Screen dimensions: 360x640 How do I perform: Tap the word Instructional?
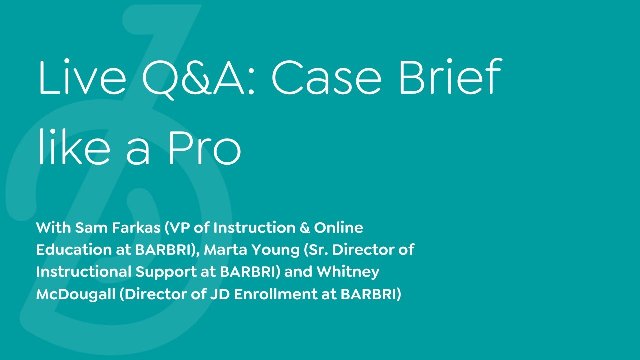point(84,272)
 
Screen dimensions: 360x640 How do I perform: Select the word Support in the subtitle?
point(165,272)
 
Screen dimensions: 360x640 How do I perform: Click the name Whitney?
point(348,272)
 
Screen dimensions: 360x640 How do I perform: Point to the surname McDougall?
point(76,294)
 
